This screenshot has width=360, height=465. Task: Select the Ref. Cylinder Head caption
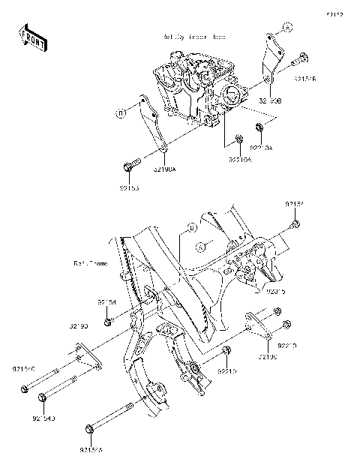(x=193, y=36)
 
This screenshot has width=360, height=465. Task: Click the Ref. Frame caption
(x=89, y=263)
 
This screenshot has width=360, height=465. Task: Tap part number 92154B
(x=305, y=78)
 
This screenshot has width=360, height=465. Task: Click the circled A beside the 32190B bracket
(x=286, y=28)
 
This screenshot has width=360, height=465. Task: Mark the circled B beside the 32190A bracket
(x=120, y=114)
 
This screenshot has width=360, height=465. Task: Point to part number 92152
(x=294, y=203)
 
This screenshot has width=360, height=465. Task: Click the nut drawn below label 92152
(x=295, y=223)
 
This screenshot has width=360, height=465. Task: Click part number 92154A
(x=91, y=451)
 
